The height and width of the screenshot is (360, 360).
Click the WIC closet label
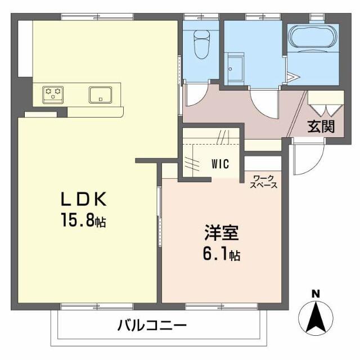(220, 164)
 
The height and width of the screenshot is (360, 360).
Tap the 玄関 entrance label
(321, 127)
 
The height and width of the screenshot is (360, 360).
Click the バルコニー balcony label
(152, 325)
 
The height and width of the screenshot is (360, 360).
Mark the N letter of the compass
(316, 293)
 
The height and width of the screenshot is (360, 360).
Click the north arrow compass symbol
(316, 318)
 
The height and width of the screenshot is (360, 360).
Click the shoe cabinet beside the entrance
(326, 102)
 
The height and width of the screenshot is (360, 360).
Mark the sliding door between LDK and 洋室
(159, 217)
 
